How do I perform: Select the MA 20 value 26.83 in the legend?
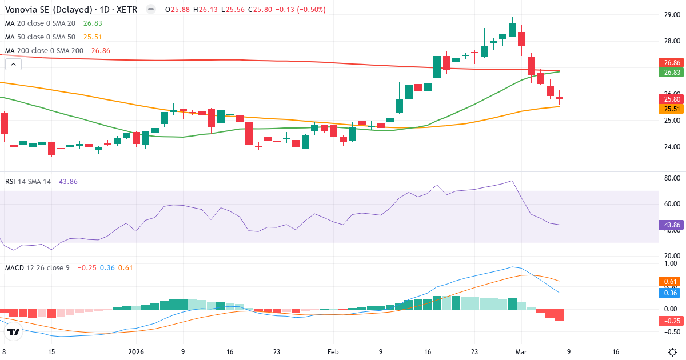click(x=92, y=23)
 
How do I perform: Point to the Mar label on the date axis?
click(x=521, y=352)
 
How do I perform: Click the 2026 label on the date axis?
click(x=136, y=352)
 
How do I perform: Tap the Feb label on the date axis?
click(x=334, y=352)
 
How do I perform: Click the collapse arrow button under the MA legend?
click(x=13, y=65)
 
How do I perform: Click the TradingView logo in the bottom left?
click(x=14, y=331)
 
